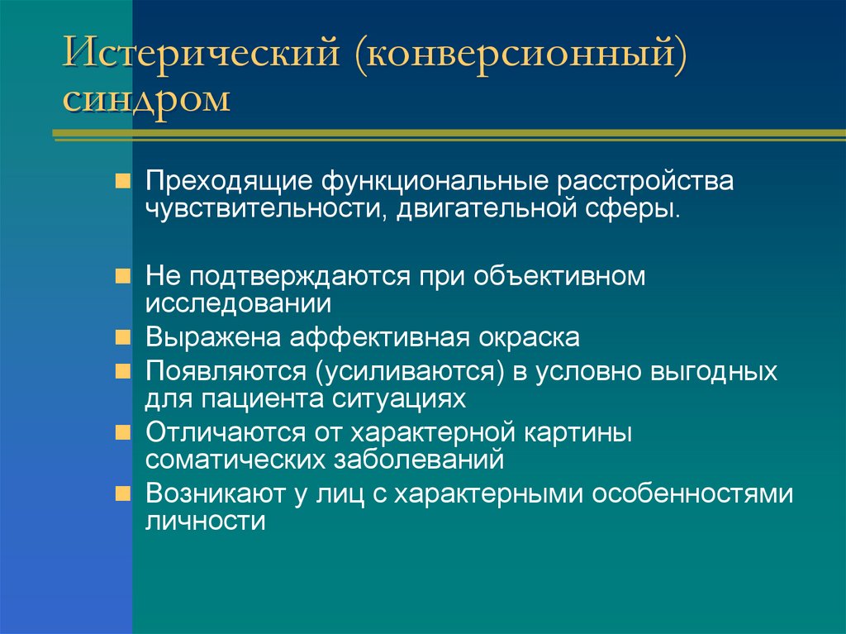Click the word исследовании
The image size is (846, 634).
tap(239, 304)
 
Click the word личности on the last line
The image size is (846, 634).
tap(206, 522)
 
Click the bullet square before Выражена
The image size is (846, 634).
tap(122, 337)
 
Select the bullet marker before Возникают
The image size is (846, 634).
tap(122, 493)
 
